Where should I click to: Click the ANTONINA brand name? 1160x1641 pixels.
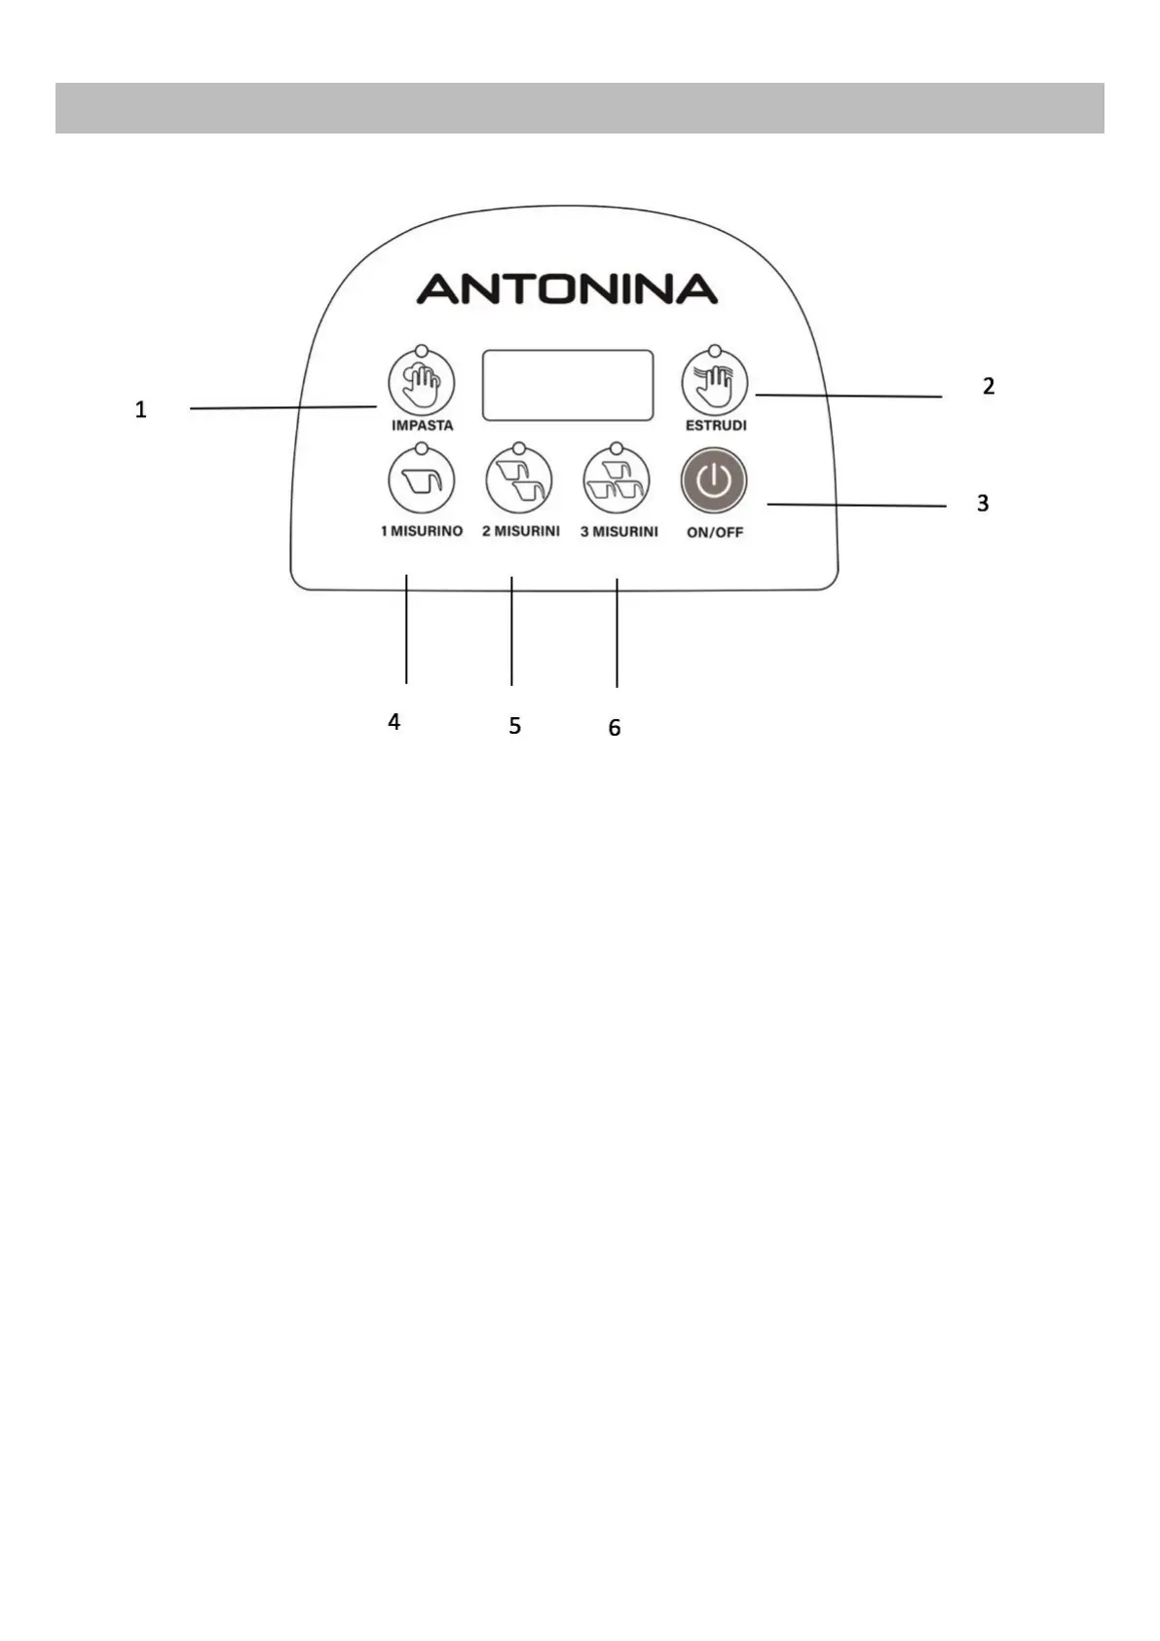click(x=567, y=289)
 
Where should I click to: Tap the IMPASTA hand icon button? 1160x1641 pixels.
click(x=422, y=383)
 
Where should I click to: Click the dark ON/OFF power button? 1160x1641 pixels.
click(x=714, y=480)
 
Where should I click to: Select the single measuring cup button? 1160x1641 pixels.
click(x=422, y=480)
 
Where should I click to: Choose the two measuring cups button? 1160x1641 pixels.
click(x=519, y=480)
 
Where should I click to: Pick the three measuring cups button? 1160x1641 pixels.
click(x=617, y=480)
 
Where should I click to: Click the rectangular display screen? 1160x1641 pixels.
click(x=567, y=385)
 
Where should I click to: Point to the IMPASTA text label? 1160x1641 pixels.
click(x=422, y=426)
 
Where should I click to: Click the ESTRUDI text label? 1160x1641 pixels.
click(x=716, y=426)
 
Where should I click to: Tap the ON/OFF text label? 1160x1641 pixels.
click(x=715, y=533)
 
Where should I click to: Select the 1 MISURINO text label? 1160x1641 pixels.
click(x=422, y=531)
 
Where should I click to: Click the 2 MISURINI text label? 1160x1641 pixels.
click(x=521, y=531)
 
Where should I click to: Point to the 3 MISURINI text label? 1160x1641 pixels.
click(x=619, y=532)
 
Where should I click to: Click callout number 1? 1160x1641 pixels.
click(x=141, y=410)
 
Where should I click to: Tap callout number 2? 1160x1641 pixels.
click(x=989, y=387)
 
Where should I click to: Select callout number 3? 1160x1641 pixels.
click(x=983, y=504)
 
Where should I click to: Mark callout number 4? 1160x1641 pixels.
click(x=393, y=722)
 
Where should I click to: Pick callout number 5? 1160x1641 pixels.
click(x=514, y=726)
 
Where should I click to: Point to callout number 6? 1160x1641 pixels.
click(x=615, y=728)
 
